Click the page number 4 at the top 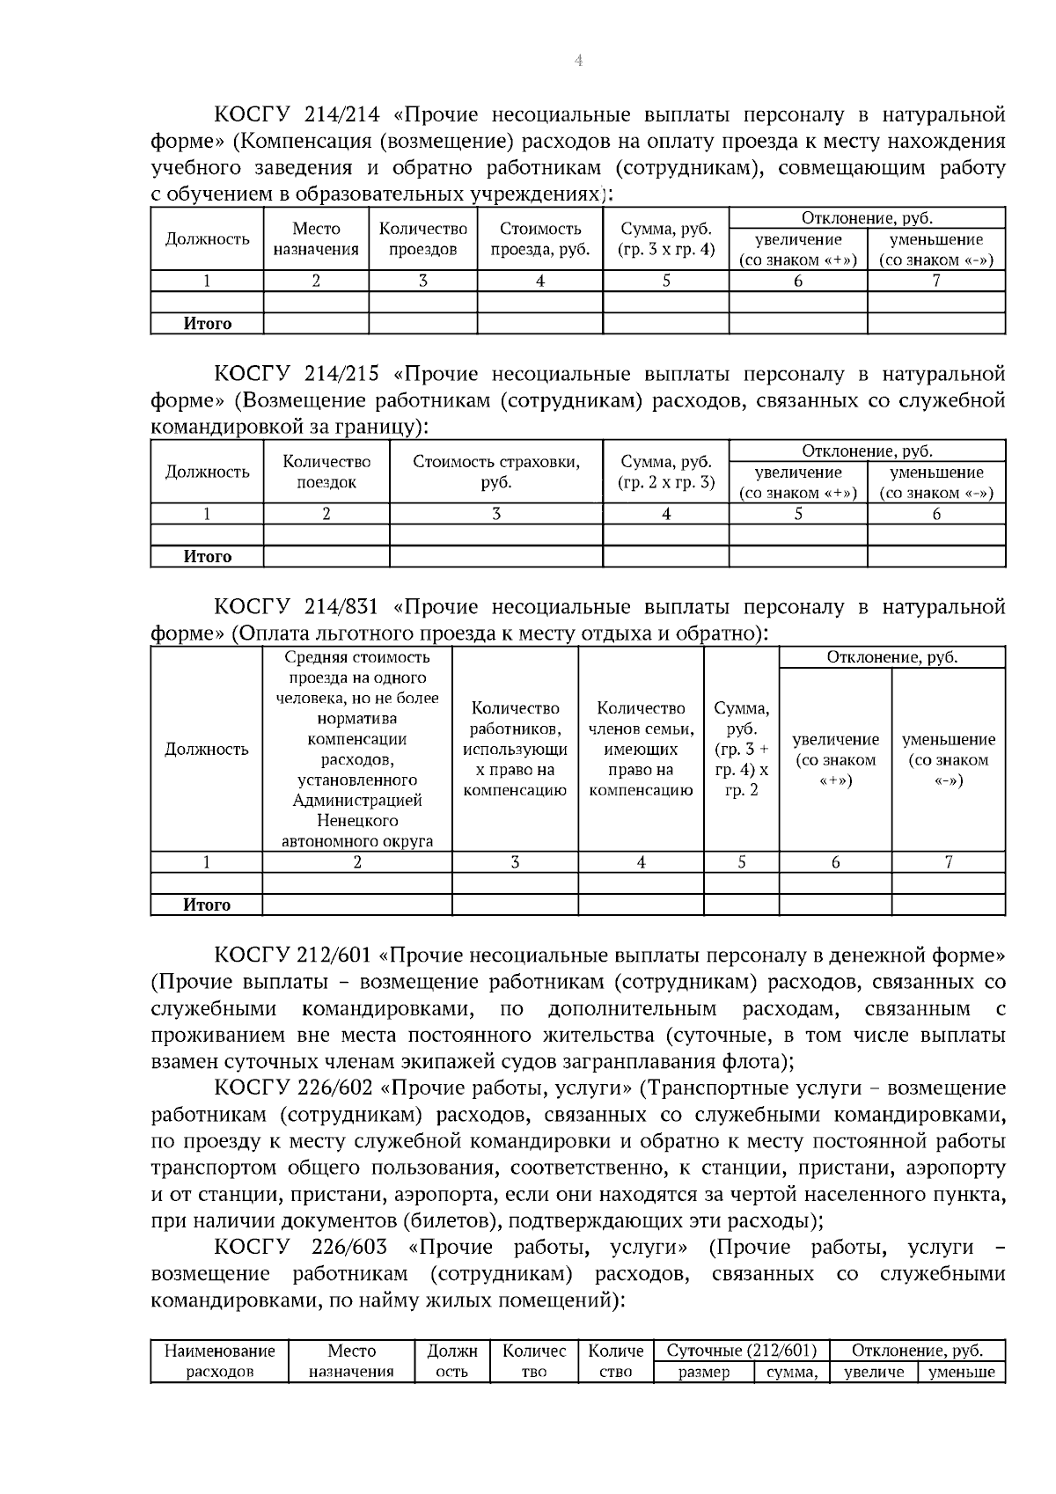578,61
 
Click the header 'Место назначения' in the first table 316,239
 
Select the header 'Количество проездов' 422,239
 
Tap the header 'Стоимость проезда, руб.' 539,239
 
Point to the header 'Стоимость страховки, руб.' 496,472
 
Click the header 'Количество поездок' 326,472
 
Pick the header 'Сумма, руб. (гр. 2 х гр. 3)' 666,472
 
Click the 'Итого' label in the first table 208,324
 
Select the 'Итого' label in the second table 208,557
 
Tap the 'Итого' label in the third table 208,905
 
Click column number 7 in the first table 936,282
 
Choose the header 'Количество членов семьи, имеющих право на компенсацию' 641,749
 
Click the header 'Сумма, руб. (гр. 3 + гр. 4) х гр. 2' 742,749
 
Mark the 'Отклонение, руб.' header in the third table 891,657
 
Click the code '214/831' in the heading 345,607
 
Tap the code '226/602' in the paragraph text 345,1088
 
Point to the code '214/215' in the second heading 345,374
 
